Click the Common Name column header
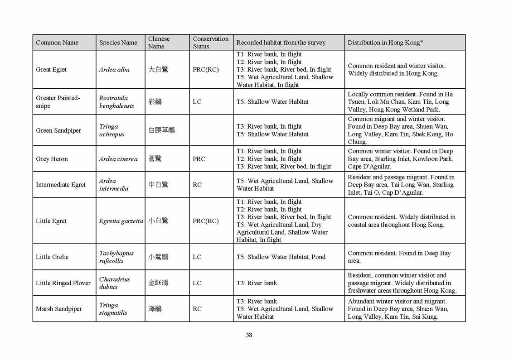(x=57, y=43)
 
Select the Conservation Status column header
(x=210, y=43)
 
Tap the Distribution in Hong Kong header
(x=385, y=43)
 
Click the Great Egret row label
(x=51, y=70)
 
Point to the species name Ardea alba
(x=114, y=70)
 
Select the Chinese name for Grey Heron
(x=155, y=159)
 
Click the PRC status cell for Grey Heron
(x=199, y=159)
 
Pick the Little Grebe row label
(x=52, y=257)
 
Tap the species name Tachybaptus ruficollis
(x=116, y=257)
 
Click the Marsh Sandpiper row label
(x=59, y=309)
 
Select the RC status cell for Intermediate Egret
(x=197, y=185)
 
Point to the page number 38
(x=249, y=335)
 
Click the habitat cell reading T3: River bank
(x=257, y=283)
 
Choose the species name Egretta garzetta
(x=121, y=221)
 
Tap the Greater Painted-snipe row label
(x=58, y=102)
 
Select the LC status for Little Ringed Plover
(x=197, y=283)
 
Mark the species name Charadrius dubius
(x=114, y=283)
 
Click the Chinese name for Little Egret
(x=158, y=221)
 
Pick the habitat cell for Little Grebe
(x=281, y=257)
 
